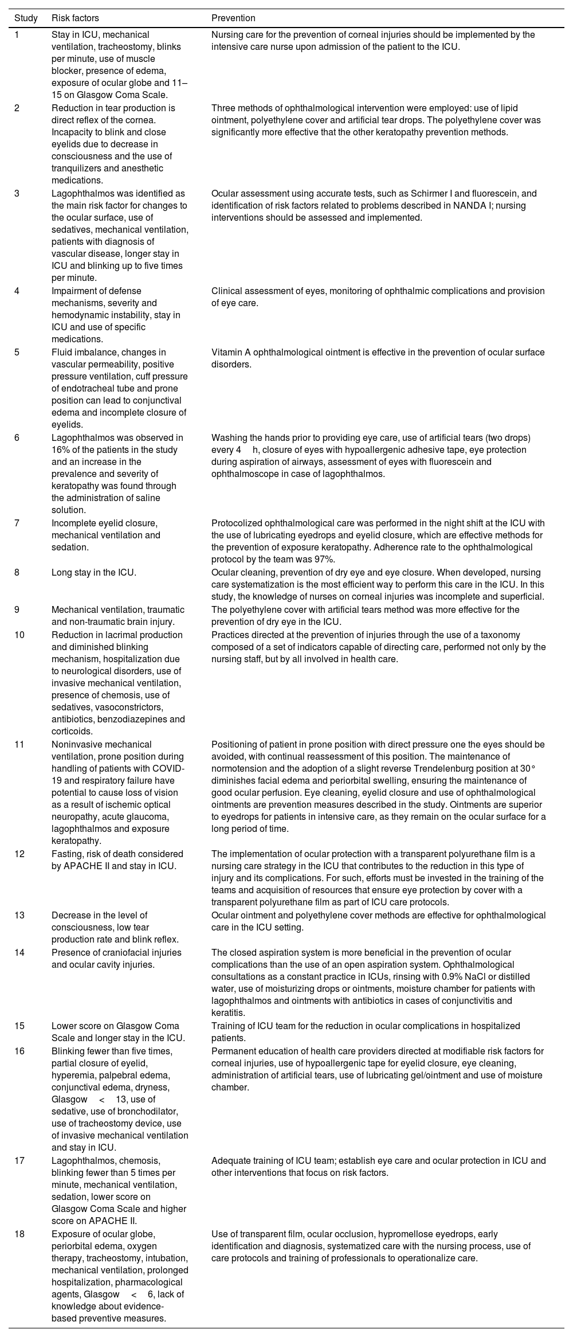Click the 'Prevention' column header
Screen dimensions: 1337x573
tap(233, 18)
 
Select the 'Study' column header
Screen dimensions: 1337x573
tap(26, 18)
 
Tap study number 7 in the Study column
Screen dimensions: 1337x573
tap(17, 523)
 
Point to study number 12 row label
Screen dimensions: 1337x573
tap(19, 854)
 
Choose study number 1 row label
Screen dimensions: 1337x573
tap(17, 34)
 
